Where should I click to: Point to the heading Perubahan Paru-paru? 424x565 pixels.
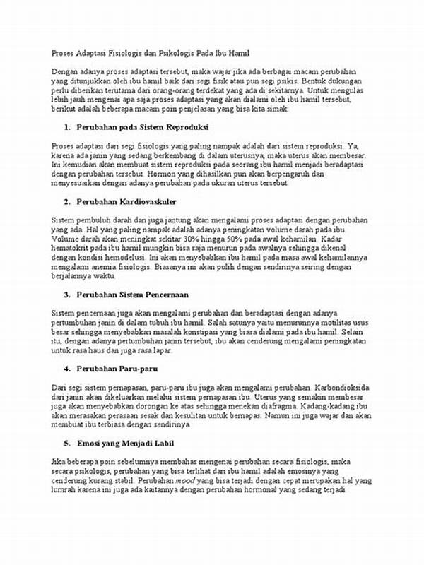point(114,368)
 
